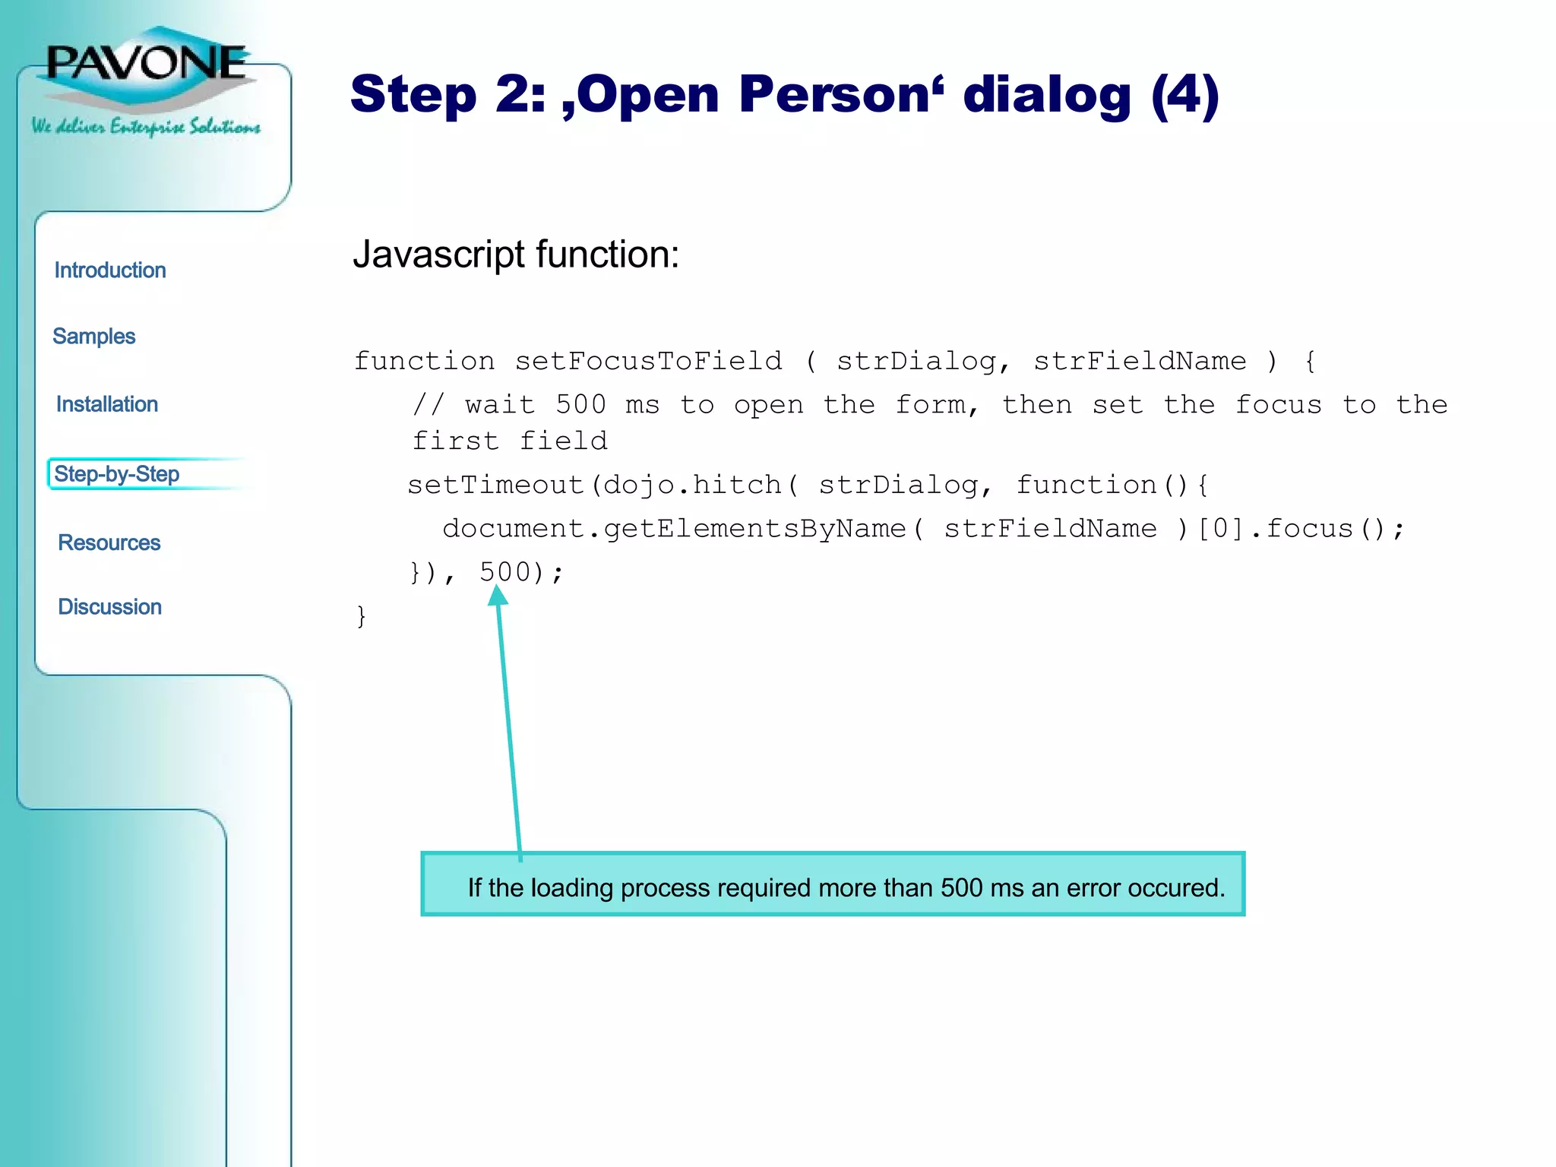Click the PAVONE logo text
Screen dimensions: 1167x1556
pos(146,62)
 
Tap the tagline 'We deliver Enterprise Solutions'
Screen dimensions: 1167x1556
pos(146,126)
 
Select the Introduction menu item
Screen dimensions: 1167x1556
pos(110,270)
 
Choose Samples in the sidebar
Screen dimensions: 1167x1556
pos(94,337)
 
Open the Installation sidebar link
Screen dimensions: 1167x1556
pos(107,404)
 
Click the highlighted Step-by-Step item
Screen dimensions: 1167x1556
pos(117,474)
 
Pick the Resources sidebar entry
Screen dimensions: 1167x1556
pos(109,542)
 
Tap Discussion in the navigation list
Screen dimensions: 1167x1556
pos(110,607)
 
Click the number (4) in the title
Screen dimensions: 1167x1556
pos(1184,95)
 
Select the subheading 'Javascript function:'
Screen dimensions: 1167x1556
pos(516,255)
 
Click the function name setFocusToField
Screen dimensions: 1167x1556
pos(648,361)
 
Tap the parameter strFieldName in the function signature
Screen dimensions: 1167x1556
pos(1140,361)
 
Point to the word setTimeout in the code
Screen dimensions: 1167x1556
pos(495,485)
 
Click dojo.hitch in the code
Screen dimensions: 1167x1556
pos(691,485)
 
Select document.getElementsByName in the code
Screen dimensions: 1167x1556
pos(674,528)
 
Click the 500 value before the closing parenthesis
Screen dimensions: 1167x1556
pos(504,571)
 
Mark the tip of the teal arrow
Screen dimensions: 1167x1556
pos(497,590)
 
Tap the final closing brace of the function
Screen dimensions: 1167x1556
pos(362,615)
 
